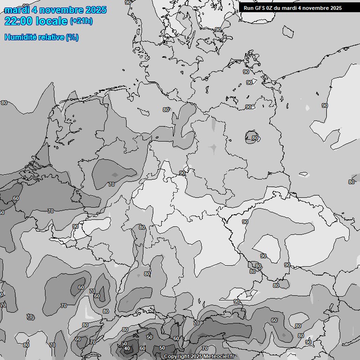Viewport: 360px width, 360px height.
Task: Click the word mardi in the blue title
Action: [15, 10]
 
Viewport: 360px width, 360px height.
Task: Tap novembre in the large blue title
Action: [59, 10]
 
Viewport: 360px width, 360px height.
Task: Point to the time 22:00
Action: [18, 21]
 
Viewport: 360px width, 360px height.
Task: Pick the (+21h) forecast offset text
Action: [81, 21]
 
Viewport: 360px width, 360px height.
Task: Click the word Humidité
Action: [20, 37]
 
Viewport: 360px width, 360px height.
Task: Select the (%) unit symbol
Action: [72, 37]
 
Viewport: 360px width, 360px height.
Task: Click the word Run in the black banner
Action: [249, 8]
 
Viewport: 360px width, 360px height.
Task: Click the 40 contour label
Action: [127, 348]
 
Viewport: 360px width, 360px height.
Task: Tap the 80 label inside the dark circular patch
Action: [255, 138]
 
